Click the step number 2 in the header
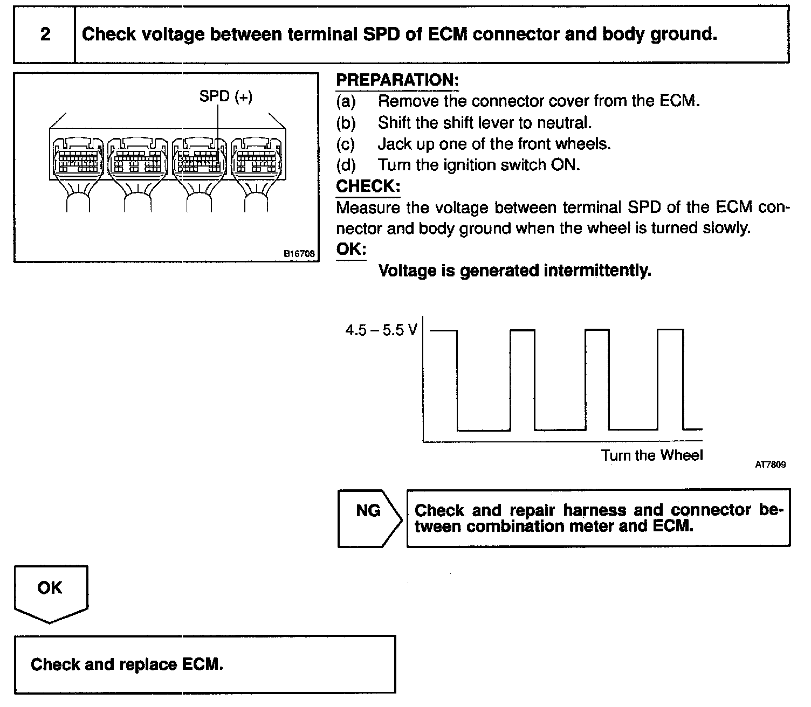[45, 34]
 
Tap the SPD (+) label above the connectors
[225, 96]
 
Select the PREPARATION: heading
[397, 80]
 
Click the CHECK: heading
[368, 186]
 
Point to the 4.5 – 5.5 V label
[381, 330]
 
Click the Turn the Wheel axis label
[652, 455]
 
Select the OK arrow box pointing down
[50, 591]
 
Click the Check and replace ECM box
[205, 664]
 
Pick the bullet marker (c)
[346, 144]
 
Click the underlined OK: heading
[351, 249]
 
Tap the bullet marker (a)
[346, 101]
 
